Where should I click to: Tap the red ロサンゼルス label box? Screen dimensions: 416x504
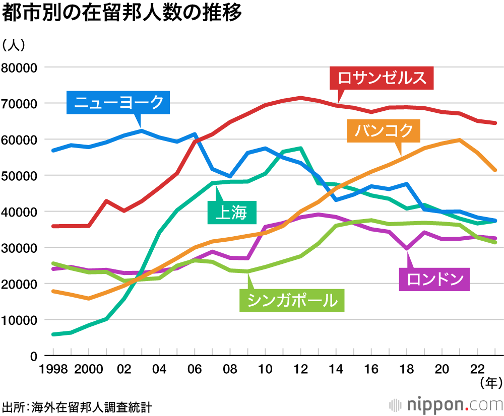pos(382,78)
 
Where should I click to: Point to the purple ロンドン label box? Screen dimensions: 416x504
pos(434,279)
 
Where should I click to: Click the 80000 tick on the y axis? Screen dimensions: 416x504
pos(20,67)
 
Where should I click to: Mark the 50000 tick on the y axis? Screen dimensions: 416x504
pos(20,176)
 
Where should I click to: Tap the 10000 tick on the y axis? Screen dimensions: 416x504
pos(20,320)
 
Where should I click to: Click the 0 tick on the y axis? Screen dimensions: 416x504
pos(34,356)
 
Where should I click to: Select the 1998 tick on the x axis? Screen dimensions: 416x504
pos(53,369)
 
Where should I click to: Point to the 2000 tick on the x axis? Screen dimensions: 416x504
pos(89,369)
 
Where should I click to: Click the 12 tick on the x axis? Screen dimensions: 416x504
pos(301,369)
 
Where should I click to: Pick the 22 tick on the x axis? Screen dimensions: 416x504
pos(477,369)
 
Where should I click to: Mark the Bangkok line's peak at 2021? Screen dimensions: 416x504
pos(460,140)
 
